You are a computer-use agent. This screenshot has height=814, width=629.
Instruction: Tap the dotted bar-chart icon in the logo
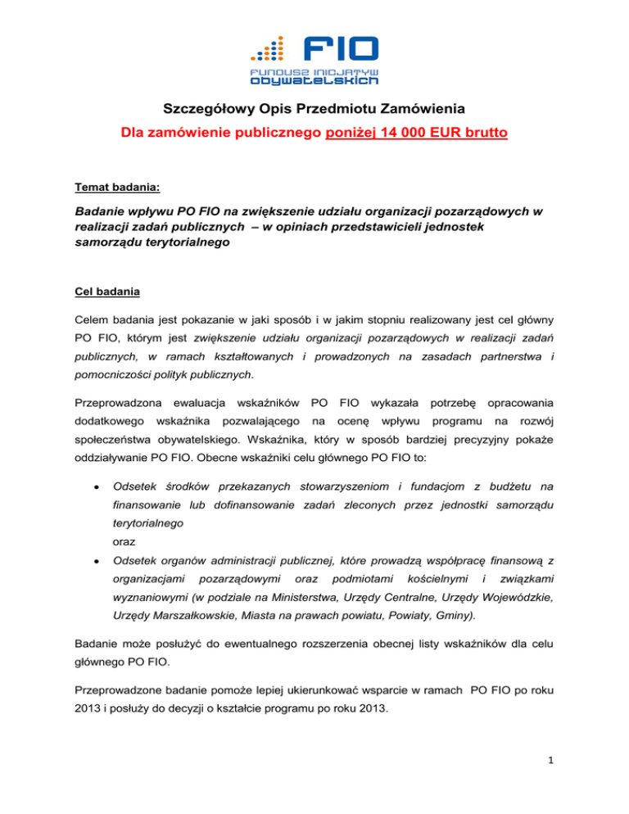point(269,51)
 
